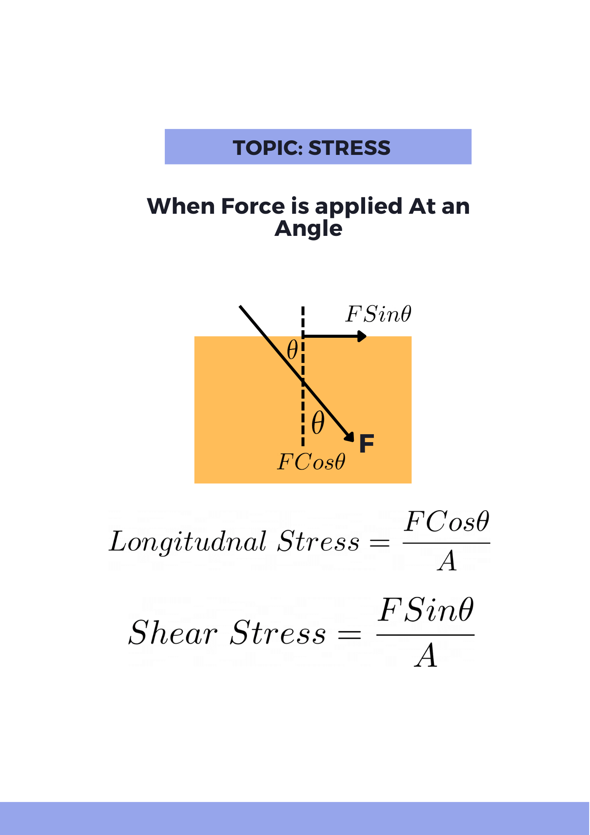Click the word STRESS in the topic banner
pyautogui.click(x=349, y=148)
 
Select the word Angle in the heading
pyautogui.click(x=308, y=229)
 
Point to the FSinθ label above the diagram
pyautogui.click(x=378, y=314)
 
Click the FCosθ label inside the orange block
pyautogui.click(x=311, y=462)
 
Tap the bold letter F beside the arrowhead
pyautogui.click(x=366, y=443)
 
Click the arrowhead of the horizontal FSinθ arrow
pyautogui.click(x=362, y=336)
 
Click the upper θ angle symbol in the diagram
pyautogui.click(x=292, y=350)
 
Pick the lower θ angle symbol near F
pyautogui.click(x=318, y=423)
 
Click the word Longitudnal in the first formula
pyautogui.click(x=187, y=542)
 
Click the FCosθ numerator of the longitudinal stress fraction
pyautogui.click(x=446, y=522)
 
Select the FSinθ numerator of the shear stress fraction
pyautogui.click(x=426, y=610)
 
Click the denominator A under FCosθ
pyautogui.click(x=447, y=561)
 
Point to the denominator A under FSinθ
pyautogui.click(x=426, y=656)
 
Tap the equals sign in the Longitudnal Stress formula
pyautogui.click(x=380, y=543)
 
